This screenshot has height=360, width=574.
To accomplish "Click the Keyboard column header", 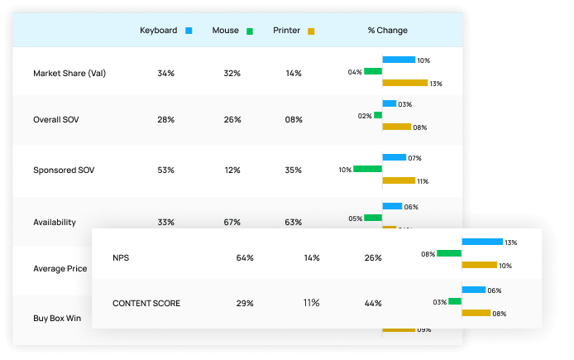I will (x=158, y=31).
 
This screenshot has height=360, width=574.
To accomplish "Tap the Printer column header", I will (x=286, y=31).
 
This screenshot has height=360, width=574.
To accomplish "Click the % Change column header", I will (x=387, y=31).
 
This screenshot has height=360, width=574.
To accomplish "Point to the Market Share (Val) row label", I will (x=69, y=73).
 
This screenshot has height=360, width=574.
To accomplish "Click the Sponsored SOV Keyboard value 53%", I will (x=165, y=170).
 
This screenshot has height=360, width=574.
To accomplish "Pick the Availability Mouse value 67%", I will (x=232, y=222).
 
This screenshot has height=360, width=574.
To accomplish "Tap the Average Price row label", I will (x=60, y=268).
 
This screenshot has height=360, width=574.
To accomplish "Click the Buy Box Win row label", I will (x=57, y=318).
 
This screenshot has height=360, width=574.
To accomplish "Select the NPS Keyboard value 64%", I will (x=245, y=257).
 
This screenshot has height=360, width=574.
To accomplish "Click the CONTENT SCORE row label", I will (x=146, y=303).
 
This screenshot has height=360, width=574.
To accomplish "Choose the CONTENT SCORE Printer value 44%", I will (x=373, y=303).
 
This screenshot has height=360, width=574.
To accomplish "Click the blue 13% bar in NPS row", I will (x=482, y=242).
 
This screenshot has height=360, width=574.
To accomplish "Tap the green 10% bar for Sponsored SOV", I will (x=367, y=169).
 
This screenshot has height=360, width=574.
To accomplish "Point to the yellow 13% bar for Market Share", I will (x=404, y=83).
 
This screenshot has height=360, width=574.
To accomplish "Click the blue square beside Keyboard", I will (x=189, y=31).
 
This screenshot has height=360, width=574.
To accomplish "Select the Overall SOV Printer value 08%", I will (x=294, y=120).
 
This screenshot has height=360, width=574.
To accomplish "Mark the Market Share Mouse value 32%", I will (x=232, y=73).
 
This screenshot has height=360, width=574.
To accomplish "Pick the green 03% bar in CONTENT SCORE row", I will (x=456, y=301).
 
